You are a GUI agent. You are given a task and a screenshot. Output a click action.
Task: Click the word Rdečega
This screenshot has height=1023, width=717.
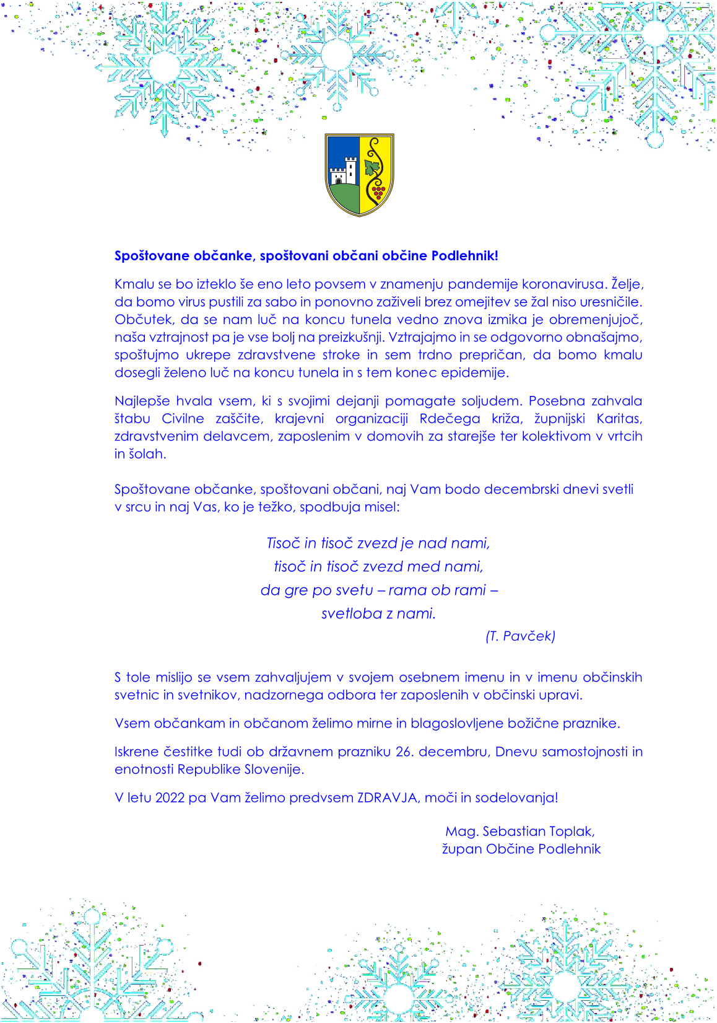point(450,419)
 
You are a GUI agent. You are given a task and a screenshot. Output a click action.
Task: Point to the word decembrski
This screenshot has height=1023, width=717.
point(521,490)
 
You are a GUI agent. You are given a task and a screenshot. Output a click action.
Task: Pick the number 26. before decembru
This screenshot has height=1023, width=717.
point(404,752)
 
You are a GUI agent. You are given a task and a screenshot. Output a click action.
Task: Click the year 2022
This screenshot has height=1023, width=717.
point(170,798)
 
